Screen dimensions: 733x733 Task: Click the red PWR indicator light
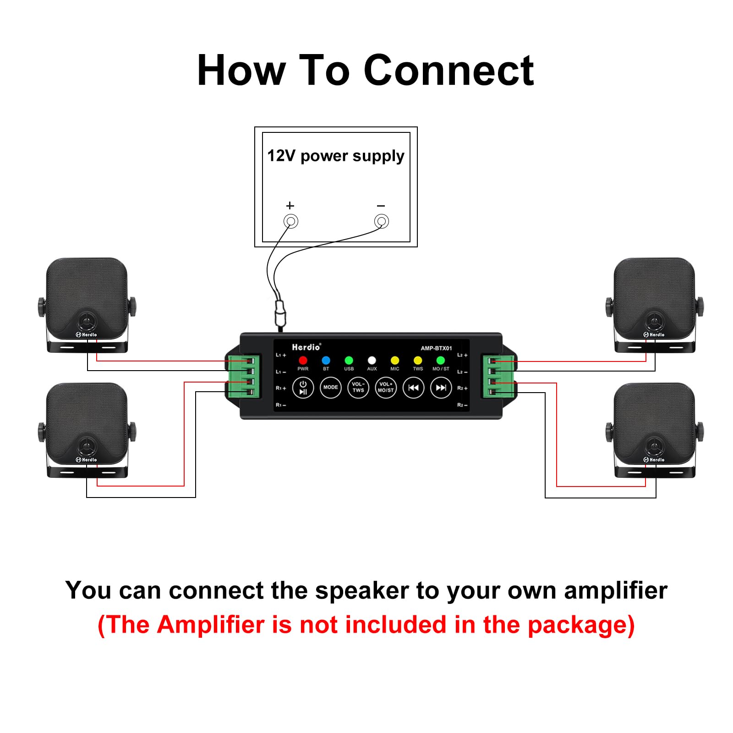click(x=303, y=361)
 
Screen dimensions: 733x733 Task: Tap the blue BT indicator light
click(x=326, y=361)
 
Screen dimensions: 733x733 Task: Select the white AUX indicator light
click(x=372, y=361)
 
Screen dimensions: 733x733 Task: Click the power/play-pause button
click(x=303, y=388)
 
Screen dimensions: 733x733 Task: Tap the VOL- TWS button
click(x=358, y=388)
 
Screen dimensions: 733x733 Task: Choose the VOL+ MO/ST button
click(x=386, y=388)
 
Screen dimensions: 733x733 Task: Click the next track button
click(x=441, y=388)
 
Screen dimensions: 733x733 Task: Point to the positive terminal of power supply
click(x=290, y=222)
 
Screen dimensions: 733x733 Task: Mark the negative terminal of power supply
click(x=381, y=222)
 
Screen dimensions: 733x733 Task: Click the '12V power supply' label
click(x=336, y=156)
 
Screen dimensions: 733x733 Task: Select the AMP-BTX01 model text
click(x=436, y=348)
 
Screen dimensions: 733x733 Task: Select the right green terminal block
click(x=498, y=376)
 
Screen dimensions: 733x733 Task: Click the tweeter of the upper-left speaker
click(x=85, y=321)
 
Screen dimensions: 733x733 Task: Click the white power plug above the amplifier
click(x=280, y=313)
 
